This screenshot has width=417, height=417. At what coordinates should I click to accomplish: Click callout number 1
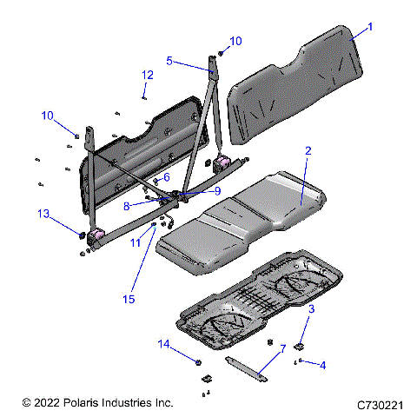click(x=369, y=27)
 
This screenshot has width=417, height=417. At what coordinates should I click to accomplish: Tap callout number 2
click(x=308, y=151)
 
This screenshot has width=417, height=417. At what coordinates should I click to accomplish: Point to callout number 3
click(x=311, y=308)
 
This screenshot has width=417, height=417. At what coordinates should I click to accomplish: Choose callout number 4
click(x=323, y=365)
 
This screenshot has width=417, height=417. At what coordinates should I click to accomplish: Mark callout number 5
click(x=171, y=62)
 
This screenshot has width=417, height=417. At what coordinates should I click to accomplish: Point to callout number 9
click(x=218, y=191)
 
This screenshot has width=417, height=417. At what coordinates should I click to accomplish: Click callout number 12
click(x=148, y=75)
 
